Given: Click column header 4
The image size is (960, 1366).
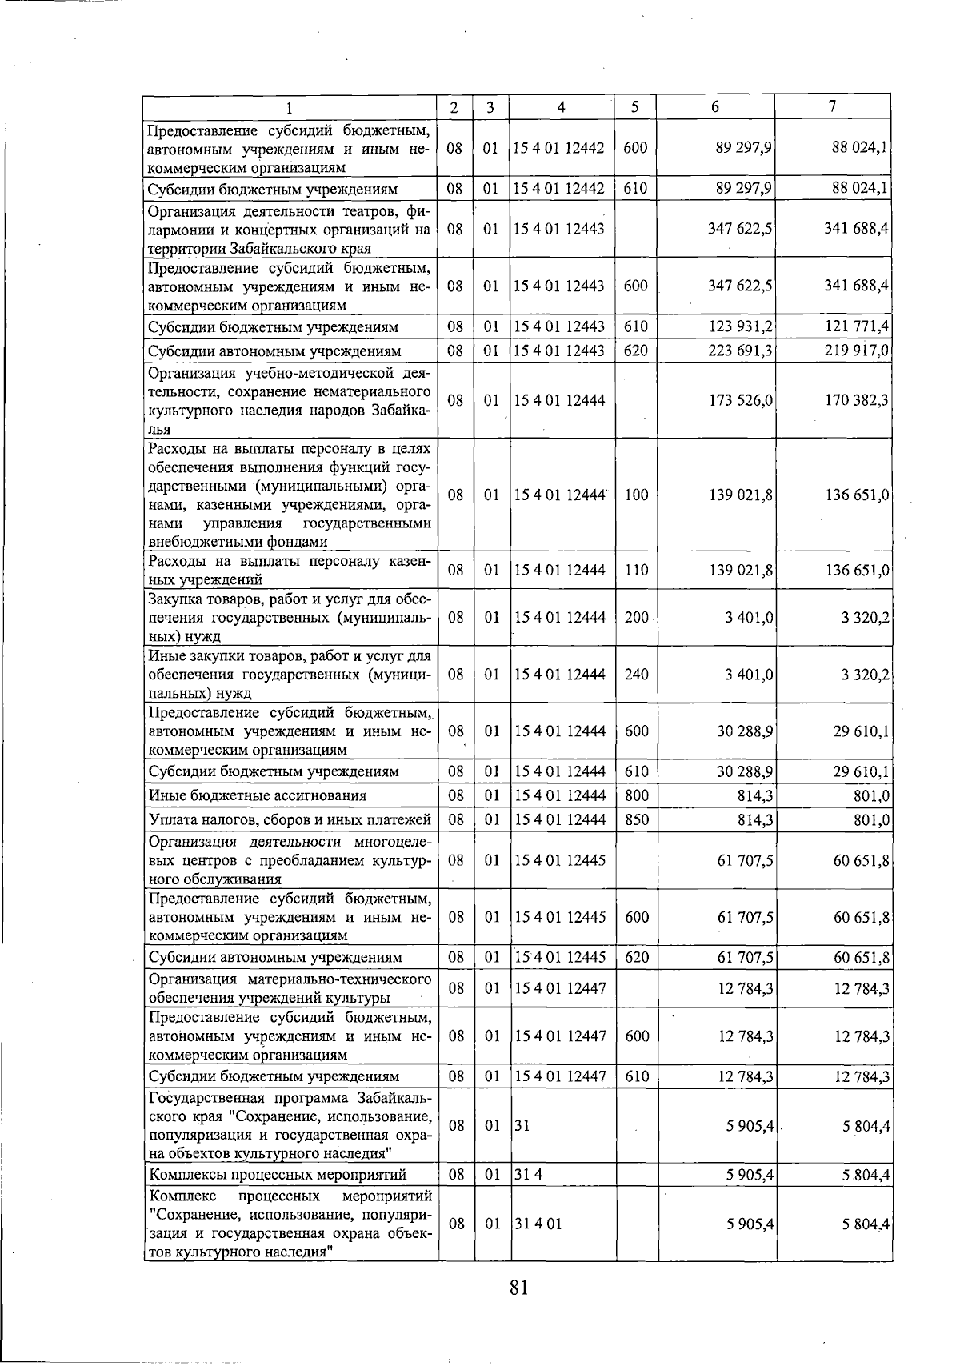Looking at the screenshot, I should [x=562, y=107].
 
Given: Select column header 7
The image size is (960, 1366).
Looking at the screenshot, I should [x=833, y=106].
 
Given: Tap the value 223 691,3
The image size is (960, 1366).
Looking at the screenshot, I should [x=740, y=351].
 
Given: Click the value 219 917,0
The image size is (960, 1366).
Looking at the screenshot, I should [x=857, y=351].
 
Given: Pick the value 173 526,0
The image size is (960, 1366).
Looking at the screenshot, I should [x=740, y=400].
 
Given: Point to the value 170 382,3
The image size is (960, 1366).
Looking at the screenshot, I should [x=857, y=400].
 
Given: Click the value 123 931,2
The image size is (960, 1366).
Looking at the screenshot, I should [x=740, y=326].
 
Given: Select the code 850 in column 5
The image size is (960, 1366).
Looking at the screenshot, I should [x=637, y=819].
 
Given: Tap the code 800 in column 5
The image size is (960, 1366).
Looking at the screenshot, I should [x=637, y=795].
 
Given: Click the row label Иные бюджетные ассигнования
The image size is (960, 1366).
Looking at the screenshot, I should [x=258, y=795].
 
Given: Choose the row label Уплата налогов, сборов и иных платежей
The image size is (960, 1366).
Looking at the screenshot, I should [x=290, y=819].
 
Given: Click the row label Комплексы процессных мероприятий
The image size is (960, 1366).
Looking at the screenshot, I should [x=278, y=1175].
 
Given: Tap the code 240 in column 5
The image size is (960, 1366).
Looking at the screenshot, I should [x=637, y=675].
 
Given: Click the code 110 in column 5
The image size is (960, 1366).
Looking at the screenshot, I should [x=637, y=571].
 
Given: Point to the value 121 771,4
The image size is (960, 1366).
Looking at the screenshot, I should [x=857, y=326].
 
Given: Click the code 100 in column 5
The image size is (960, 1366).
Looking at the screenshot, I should [x=637, y=495].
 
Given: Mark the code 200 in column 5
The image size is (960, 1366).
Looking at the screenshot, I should [x=637, y=618].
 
